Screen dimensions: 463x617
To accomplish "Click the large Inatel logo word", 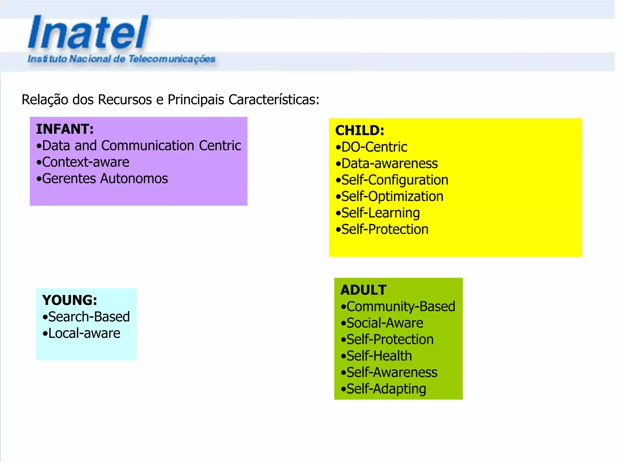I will coord(88,32).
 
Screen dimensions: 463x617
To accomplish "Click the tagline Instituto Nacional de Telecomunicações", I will coord(121,59).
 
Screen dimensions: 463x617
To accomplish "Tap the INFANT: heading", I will coord(65,129).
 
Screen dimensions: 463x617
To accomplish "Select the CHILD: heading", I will coord(360,131).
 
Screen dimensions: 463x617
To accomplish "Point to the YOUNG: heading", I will coord(70,300).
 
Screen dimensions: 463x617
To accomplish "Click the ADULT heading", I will coord(363,290).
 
